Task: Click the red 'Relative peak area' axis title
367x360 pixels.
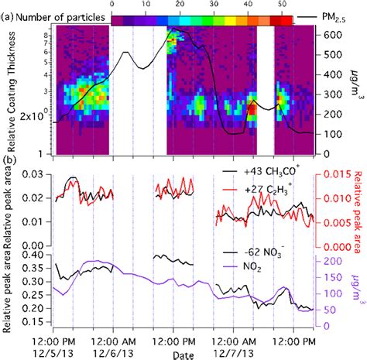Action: click(358, 209)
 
